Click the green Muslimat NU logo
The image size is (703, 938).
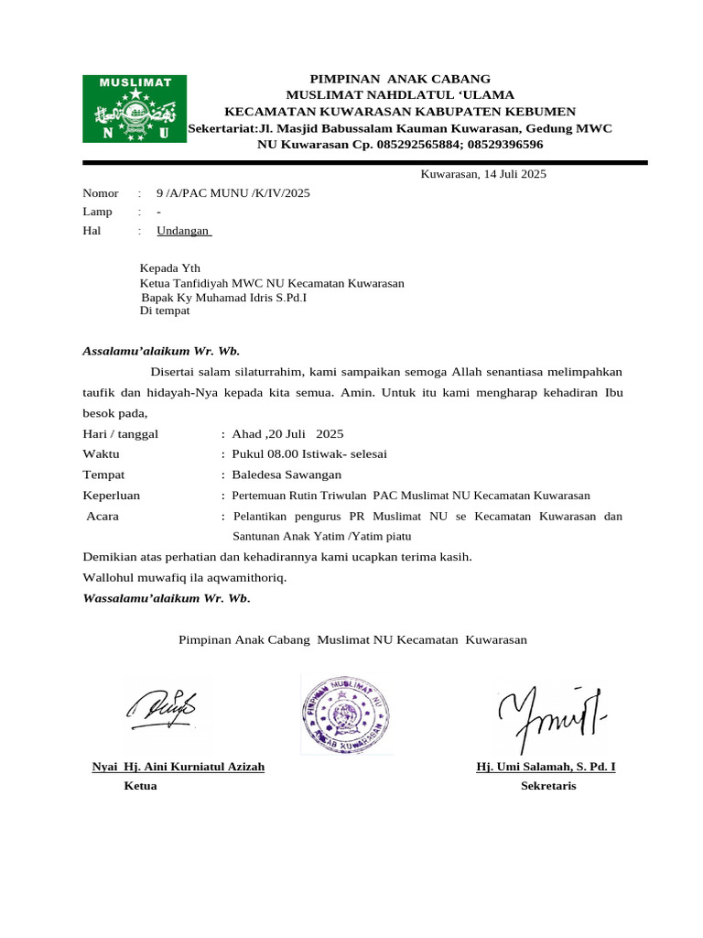[x=135, y=109]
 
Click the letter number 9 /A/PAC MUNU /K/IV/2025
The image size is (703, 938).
[x=233, y=193]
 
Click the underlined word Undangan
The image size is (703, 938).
[x=183, y=231]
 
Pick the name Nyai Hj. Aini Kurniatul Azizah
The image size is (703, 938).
[x=178, y=767]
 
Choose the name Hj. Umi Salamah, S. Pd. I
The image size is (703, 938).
[x=546, y=767]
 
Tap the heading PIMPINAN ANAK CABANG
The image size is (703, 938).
[x=400, y=79]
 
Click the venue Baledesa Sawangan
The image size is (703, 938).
[x=287, y=474]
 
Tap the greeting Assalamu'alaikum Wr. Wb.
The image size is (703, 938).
[x=161, y=350]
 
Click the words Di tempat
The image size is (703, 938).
[x=164, y=311]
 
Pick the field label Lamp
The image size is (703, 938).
[x=98, y=212]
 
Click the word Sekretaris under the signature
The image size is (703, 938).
[x=548, y=786]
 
